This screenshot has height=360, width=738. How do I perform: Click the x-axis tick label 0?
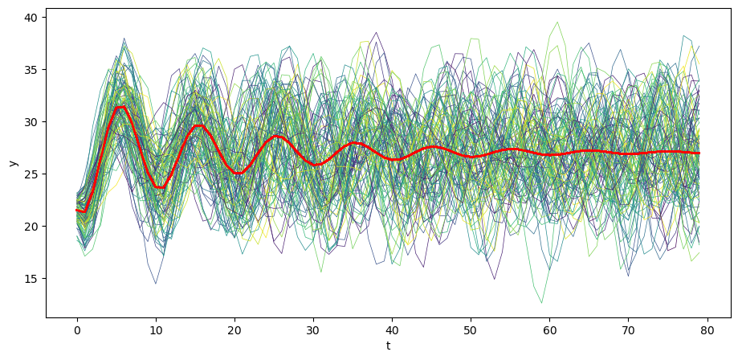(77, 329)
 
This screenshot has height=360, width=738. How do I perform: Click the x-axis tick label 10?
(156, 329)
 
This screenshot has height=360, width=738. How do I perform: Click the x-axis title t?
(388, 346)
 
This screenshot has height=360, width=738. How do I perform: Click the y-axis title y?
(14, 163)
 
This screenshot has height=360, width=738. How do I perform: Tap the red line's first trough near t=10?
(160, 187)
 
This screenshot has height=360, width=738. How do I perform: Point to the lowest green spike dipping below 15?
(541, 303)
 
